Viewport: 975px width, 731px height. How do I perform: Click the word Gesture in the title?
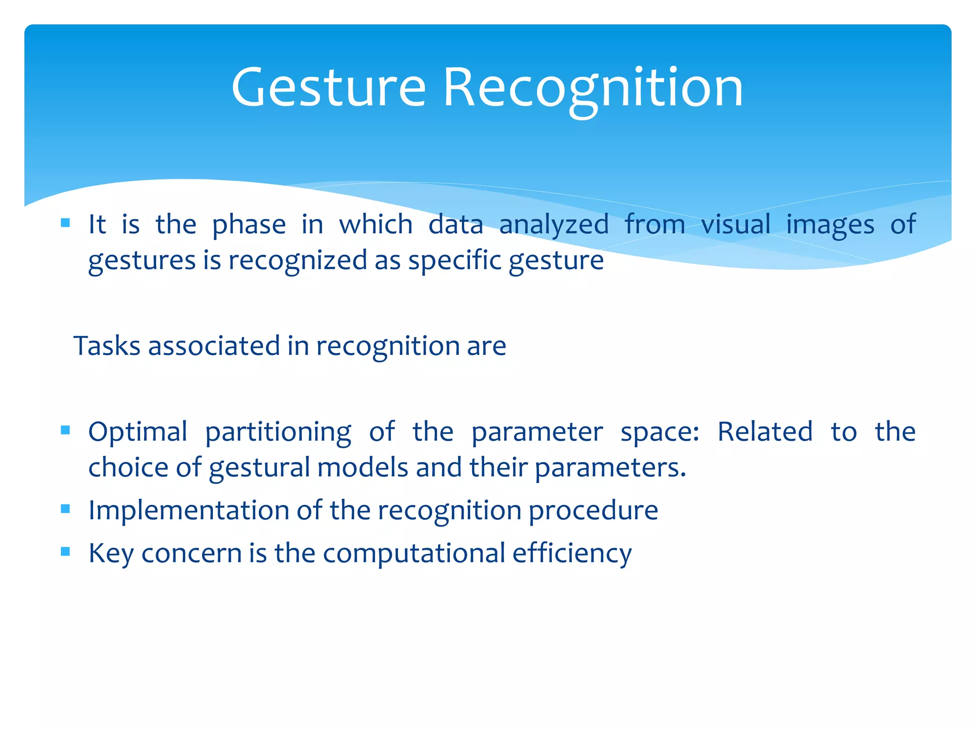(x=328, y=88)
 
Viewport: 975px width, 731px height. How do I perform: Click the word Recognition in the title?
(x=593, y=88)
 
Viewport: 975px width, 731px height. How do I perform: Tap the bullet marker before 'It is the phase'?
(x=66, y=223)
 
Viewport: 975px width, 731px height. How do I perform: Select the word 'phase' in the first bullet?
(x=249, y=225)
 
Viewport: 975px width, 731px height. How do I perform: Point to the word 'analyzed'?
(x=554, y=225)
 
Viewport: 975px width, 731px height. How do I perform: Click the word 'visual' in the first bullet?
(x=736, y=225)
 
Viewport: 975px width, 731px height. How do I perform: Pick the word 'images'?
(x=830, y=225)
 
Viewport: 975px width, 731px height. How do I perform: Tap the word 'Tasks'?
(x=107, y=346)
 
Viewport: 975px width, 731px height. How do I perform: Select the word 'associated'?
(x=214, y=346)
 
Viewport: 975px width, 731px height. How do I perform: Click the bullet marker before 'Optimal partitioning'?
(x=66, y=431)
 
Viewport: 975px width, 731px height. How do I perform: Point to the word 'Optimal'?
(x=138, y=432)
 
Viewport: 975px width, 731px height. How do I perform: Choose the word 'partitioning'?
(x=278, y=432)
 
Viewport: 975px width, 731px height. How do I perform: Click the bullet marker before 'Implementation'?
(x=66, y=509)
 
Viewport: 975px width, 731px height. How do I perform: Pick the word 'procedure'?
(x=593, y=511)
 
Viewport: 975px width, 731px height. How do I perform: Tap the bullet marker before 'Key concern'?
(x=66, y=552)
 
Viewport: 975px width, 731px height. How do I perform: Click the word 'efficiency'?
(x=572, y=553)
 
